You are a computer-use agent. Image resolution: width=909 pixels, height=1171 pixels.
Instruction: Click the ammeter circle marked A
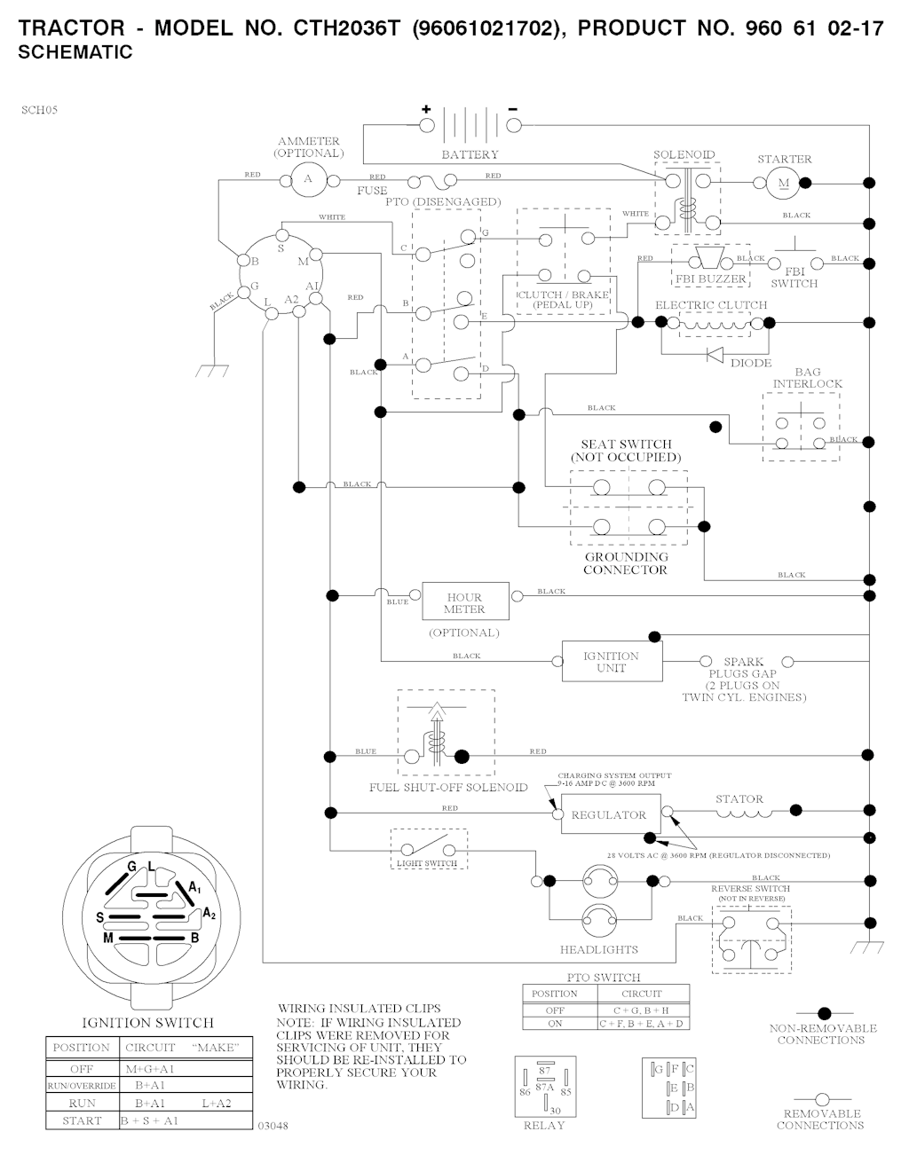(x=308, y=179)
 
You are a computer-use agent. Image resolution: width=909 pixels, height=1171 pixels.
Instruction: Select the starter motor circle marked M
(x=783, y=184)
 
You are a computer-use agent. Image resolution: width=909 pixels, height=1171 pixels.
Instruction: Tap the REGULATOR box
(x=609, y=814)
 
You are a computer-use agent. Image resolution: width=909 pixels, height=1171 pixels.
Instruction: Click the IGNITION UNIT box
(x=612, y=662)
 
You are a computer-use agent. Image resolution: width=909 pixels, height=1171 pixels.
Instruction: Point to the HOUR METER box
(x=465, y=602)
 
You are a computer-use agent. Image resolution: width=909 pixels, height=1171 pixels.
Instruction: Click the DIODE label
(x=751, y=363)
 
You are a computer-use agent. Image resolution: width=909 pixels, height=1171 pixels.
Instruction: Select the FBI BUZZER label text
(x=711, y=279)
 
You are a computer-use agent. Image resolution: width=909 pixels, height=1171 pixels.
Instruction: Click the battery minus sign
(x=512, y=109)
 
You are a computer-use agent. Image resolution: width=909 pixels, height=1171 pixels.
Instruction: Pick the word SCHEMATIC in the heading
(x=75, y=52)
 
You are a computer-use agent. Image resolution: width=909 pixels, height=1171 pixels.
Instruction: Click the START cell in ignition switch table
(x=83, y=1120)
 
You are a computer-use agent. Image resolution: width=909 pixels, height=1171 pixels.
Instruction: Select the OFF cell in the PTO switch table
(x=555, y=1010)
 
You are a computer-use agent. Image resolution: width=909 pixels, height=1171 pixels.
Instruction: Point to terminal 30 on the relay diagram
(x=555, y=1110)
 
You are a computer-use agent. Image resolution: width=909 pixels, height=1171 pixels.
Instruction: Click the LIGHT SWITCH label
(x=427, y=863)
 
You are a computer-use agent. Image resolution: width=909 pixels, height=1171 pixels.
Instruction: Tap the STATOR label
(x=739, y=799)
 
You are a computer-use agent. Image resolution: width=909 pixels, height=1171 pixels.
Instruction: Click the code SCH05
(x=40, y=111)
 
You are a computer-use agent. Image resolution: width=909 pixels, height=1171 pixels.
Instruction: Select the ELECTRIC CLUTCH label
(x=711, y=305)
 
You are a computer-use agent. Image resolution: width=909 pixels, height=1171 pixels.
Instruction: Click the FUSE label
(x=373, y=191)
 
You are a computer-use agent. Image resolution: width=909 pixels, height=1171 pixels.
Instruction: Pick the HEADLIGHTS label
(x=599, y=949)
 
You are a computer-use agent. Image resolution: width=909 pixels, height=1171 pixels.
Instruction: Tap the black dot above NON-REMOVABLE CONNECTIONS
(x=824, y=1012)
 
